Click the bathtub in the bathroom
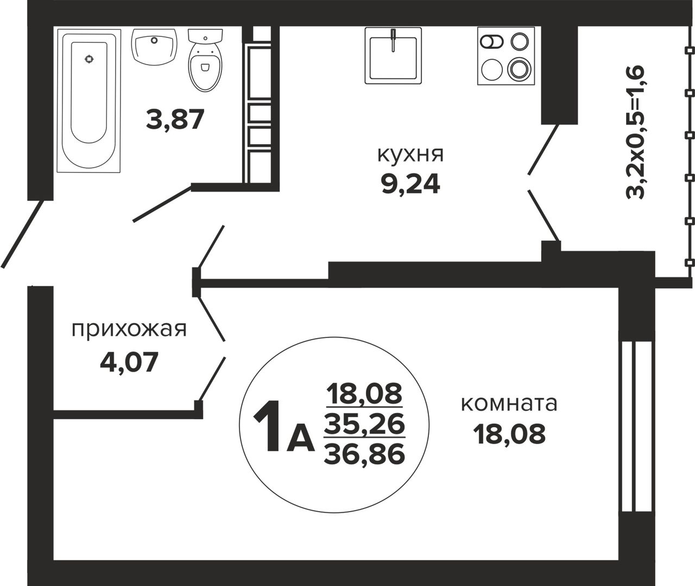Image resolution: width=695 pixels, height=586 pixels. [x=89, y=100]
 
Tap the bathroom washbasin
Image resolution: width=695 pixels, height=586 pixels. [x=154, y=47]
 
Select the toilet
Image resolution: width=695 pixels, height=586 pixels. [x=205, y=60]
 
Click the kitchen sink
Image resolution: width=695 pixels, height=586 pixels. [x=393, y=55]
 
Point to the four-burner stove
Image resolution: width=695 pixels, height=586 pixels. [x=506, y=55]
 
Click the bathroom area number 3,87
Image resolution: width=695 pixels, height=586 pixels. [x=175, y=120]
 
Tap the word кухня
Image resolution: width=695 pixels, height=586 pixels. [x=410, y=155]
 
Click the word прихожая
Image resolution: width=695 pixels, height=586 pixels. [x=129, y=330]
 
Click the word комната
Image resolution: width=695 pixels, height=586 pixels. [x=509, y=404]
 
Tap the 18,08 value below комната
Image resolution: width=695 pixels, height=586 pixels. [x=509, y=434]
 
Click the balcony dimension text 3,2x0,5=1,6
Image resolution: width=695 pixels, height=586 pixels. [x=635, y=132]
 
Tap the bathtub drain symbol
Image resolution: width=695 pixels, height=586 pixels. [x=89, y=59]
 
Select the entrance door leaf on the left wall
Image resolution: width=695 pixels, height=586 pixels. [x=22, y=234]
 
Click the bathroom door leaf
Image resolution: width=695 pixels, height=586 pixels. [x=162, y=204]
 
